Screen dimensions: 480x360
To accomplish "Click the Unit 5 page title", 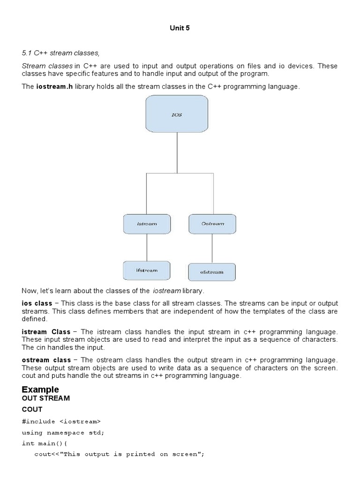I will pos(180,28).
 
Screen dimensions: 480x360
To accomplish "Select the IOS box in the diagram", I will pos(177,114).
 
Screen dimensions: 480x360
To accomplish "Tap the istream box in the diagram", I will pos(147,224).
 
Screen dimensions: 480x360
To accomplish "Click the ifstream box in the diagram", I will pos(147,270).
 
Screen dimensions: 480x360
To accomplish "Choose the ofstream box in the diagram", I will pos(212,272).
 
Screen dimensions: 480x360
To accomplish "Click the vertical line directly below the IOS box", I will pos(177,152).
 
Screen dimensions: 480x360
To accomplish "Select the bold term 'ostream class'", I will pos(46,360).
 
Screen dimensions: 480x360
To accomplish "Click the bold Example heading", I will pos(40,390).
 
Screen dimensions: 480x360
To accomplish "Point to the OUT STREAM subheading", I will pos(45,398).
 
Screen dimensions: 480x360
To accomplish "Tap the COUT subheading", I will pos(32,409).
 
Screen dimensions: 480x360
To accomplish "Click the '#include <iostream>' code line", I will pos(61,421).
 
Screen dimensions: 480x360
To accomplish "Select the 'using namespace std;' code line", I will pos(63,432).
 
